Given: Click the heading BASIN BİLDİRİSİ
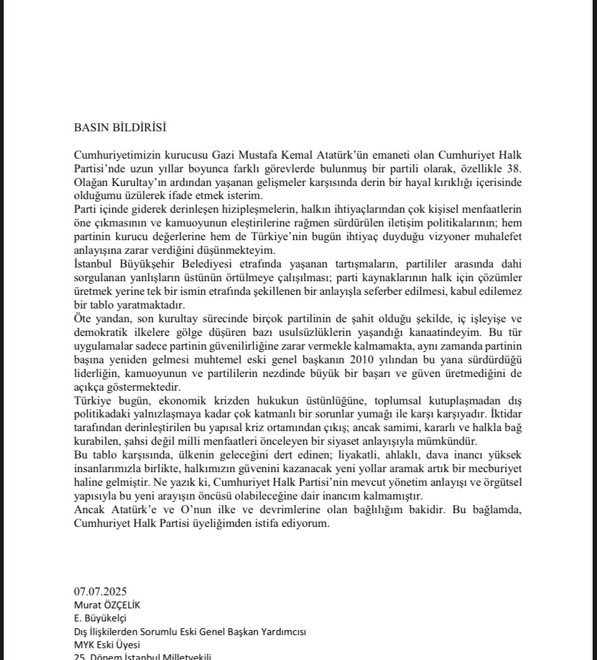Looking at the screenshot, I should [x=120, y=128].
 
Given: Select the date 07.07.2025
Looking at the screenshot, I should [x=100, y=592].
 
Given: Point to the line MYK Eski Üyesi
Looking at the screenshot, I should [x=107, y=644].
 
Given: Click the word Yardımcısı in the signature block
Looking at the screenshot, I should [x=283, y=631].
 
